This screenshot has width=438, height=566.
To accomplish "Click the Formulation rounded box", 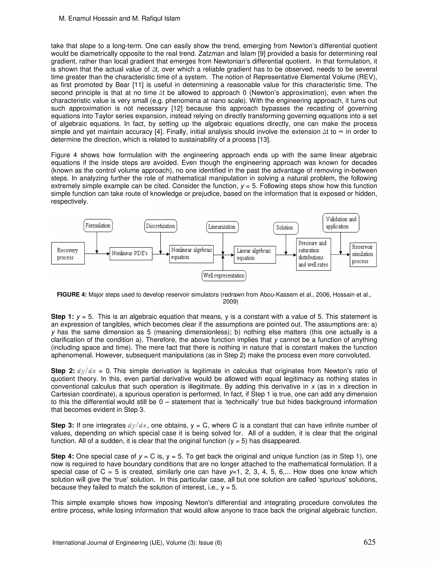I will pyautogui.click(x=98, y=226).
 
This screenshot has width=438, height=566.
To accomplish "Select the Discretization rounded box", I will pyautogui.click(x=160, y=226).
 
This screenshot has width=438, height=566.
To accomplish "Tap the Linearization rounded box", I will pyautogui.click(x=222, y=227).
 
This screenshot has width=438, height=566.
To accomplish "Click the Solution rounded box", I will pyautogui.click(x=286, y=228).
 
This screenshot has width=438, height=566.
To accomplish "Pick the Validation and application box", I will pyautogui.click(x=341, y=223).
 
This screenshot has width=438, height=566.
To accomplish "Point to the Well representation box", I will pyautogui.click(x=224, y=276).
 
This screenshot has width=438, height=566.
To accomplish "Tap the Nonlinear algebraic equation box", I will pyautogui.click(x=191, y=254).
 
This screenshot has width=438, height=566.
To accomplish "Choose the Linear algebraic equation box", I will pyautogui.click(x=255, y=255).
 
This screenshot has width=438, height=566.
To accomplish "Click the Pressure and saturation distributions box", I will pyautogui.click(x=313, y=254).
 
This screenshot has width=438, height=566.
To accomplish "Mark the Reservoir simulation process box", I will pyautogui.click(x=363, y=255).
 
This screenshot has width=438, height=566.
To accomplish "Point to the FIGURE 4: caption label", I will pyautogui.click(x=72, y=295).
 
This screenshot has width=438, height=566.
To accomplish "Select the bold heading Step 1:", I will pyautogui.click(x=62, y=317).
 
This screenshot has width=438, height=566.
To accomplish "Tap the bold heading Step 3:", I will pyautogui.click(x=62, y=425).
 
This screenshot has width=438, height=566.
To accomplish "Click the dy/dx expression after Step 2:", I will pyautogui.click(x=86, y=371).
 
